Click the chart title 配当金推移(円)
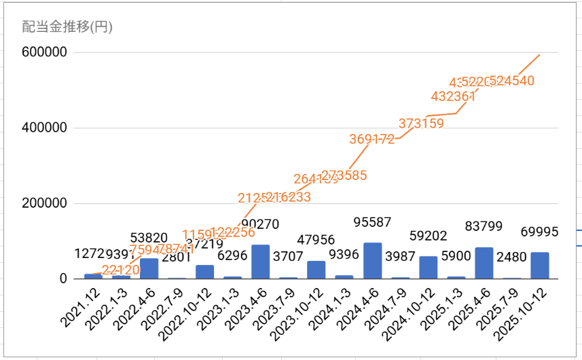point(67,28)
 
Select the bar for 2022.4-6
point(149,268)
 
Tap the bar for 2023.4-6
point(261,262)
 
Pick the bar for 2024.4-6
point(372,261)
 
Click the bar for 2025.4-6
point(484,263)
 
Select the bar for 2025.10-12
point(539,265)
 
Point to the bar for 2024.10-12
point(428,267)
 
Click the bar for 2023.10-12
point(316,269)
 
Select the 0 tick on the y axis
point(62,278)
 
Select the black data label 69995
point(539,232)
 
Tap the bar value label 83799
point(484,225)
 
